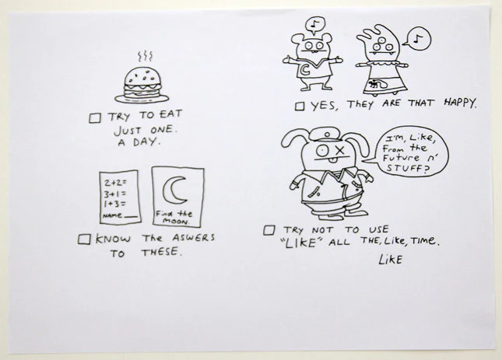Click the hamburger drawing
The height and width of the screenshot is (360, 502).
pyautogui.click(x=142, y=85)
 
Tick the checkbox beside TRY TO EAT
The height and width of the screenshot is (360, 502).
pyautogui.click(x=95, y=118)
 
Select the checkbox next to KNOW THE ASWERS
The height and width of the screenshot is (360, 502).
pyautogui.click(x=84, y=239)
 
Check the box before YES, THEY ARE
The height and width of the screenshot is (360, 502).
pyautogui.click(x=300, y=107)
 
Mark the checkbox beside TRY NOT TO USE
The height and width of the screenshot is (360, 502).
pyautogui.click(x=269, y=230)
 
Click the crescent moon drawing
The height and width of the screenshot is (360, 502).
pyautogui.click(x=174, y=190)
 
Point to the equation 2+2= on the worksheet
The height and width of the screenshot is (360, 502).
pyautogui.click(x=115, y=183)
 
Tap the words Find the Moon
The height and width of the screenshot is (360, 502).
pyautogui.click(x=174, y=217)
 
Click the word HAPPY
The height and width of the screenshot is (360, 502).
pyautogui.click(x=461, y=103)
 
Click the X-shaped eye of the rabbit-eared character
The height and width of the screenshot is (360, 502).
pyautogui.click(x=339, y=149)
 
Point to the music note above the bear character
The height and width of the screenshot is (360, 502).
pyautogui.click(x=315, y=23)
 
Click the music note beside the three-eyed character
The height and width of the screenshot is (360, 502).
pyautogui.click(x=417, y=39)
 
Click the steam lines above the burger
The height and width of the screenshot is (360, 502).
pyautogui.click(x=145, y=56)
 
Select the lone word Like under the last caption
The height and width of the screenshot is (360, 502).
pyautogui.click(x=390, y=259)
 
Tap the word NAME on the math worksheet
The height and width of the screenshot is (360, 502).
pyautogui.click(x=112, y=215)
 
